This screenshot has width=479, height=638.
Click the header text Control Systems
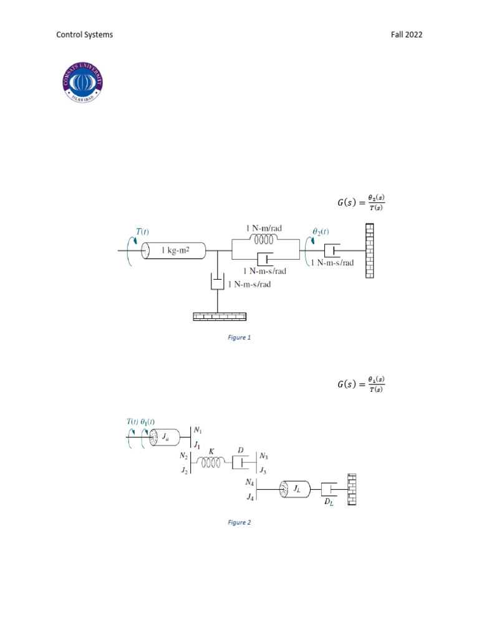coord(85,35)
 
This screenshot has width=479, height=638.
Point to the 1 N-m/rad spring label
coord(264,229)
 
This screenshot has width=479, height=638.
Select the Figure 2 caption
coord(239,522)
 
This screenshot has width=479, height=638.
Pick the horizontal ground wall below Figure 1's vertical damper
coord(220,317)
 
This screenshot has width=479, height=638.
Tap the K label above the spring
coord(211,450)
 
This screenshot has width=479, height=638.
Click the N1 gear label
coord(198,431)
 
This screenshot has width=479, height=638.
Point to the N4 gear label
coord(249,482)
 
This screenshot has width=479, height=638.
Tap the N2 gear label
coord(184,456)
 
